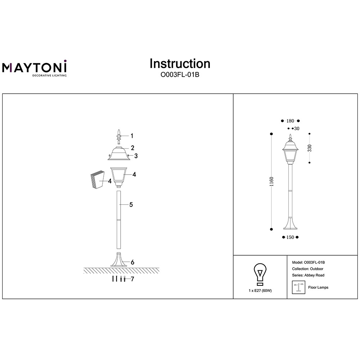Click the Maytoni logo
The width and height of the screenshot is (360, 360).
[35, 68]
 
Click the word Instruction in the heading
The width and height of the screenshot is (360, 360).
[180, 64]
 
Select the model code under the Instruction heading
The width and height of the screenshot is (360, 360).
[180, 75]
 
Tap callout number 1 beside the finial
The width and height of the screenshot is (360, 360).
[132, 136]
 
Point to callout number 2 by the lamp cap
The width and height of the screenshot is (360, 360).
[132, 148]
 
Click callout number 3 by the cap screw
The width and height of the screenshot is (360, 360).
[136, 156]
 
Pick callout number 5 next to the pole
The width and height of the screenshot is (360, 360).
[131, 204]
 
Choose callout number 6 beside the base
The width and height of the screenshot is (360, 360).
[132, 262]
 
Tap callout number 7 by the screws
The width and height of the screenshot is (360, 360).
[132, 279]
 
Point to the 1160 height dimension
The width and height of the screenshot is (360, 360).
[271, 181]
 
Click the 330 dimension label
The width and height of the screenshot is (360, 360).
[310, 148]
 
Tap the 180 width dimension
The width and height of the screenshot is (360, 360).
[290, 121]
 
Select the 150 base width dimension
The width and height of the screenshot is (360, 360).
[290, 237]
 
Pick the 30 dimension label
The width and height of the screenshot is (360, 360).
[297, 129]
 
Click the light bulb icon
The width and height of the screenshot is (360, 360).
[260, 274]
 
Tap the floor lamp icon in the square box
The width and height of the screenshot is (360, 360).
[298, 287]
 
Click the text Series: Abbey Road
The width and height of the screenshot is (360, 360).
[308, 275]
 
